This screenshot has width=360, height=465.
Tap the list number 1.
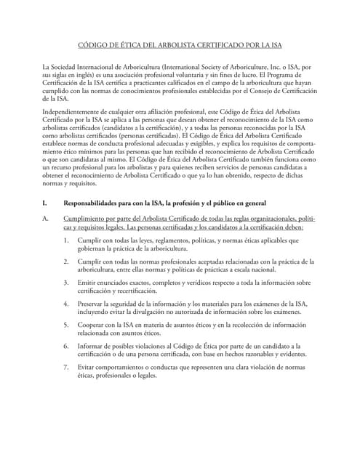[66, 239]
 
